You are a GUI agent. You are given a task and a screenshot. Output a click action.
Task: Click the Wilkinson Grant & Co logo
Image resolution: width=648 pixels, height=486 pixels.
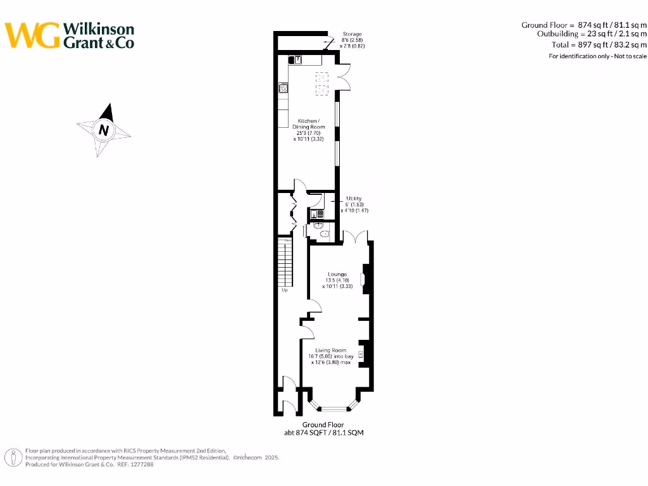point(70,35)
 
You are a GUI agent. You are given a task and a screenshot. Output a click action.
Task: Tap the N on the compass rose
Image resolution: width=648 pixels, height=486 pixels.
point(103,130)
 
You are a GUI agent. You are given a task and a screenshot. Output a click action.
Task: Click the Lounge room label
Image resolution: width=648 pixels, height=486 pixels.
point(337,275)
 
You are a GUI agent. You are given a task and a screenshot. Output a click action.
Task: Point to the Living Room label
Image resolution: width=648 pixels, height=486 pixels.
point(331,350)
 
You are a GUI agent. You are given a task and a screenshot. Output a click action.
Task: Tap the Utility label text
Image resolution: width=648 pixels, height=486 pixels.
point(354,199)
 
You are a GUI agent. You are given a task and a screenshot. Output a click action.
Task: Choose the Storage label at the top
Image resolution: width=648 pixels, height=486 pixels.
point(352,34)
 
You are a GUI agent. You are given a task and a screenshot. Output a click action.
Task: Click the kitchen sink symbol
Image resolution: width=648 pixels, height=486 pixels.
point(296,59)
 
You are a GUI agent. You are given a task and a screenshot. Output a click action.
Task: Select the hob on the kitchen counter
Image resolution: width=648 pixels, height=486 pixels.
point(283,89)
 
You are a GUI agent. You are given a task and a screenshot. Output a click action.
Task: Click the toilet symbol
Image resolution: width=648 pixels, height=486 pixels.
point(325,234)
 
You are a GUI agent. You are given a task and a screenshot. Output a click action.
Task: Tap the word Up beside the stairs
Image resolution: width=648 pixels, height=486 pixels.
point(285,290)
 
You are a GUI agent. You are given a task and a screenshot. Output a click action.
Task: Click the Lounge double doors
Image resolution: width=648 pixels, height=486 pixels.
point(355,237)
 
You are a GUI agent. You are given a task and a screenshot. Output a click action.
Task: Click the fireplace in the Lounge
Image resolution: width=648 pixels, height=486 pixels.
point(363,279)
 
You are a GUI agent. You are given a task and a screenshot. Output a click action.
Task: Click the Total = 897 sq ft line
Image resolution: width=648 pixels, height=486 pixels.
point(590,45)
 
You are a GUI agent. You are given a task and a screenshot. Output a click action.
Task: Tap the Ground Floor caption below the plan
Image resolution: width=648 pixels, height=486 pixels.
point(323,425)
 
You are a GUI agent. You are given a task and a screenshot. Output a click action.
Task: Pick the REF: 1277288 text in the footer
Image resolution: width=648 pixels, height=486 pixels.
point(135,464)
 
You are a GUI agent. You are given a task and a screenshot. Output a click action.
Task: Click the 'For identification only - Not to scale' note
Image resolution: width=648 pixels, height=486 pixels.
point(597,56)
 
